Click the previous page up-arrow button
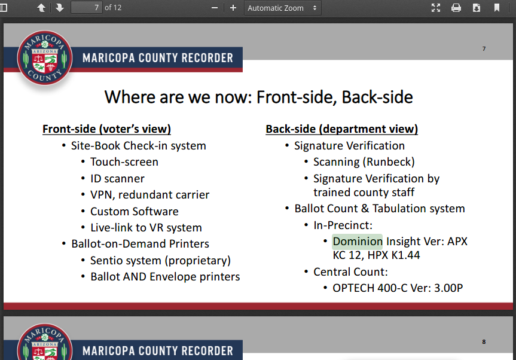tap(41, 8)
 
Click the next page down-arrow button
tap(60, 8)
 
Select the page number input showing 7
tap(87, 8)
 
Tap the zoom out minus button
tap(215, 8)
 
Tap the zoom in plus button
tap(233, 8)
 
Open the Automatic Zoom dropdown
tap(282, 8)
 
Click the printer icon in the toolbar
tap(456, 8)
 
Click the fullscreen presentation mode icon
tap(436, 8)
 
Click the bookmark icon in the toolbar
tap(497, 8)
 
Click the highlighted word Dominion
tap(358, 241)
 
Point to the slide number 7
tap(484, 48)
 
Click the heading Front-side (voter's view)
tap(106, 129)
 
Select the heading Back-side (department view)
tap(341, 129)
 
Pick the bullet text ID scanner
tap(117, 179)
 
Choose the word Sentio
tap(105, 261)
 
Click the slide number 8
tap(484, 341)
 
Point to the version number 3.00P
tap(448, 288)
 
